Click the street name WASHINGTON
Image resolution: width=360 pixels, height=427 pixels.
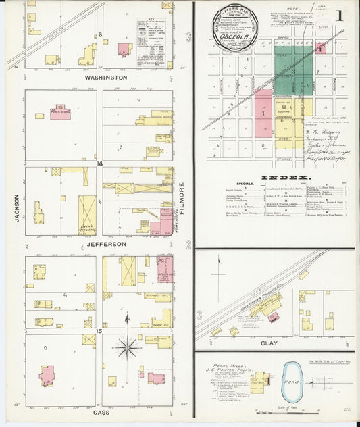coord(106,78)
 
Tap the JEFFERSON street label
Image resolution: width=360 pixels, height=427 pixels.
coord(105,243)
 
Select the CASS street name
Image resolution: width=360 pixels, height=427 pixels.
coord(101,412)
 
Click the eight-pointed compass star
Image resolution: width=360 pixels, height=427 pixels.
coord(127,347)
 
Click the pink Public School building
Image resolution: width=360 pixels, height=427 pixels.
coord(61,113)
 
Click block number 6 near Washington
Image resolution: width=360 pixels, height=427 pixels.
coord(99,34)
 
